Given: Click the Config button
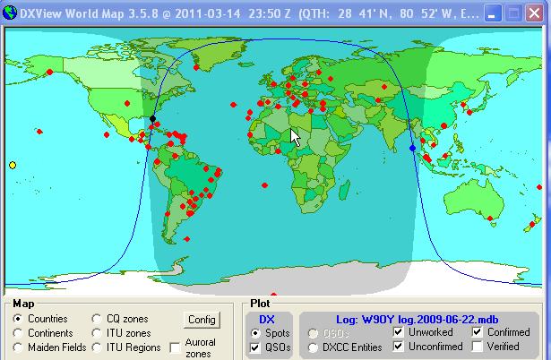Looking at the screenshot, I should pos(202,320).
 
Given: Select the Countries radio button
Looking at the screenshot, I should pos(18,319).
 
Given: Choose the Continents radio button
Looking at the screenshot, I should pos(18,333).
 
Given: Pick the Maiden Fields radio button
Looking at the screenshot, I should pos(18,347).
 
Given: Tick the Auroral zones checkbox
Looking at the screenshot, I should pos(175,347).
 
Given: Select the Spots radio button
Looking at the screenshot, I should pos(255,333).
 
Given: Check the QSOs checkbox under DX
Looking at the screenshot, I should pos(255,347).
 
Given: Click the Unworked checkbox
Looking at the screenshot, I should pos(399,332).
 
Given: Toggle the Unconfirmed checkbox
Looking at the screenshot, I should pos(399,347).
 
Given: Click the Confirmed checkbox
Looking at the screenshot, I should pos(478,332).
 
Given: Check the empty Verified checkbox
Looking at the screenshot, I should pos(478,347).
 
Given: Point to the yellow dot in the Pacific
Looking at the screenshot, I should pos(13,165).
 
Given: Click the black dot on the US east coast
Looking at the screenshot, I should pos(152,118).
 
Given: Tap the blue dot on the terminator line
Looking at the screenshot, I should pos(412,148).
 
